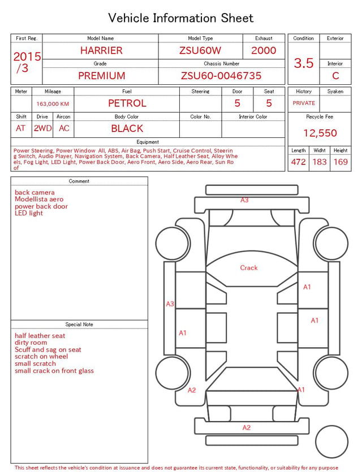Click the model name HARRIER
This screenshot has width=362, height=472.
pyautogui.click(x=101, y=50)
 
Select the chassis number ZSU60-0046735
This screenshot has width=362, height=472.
pyautogui.click(x=221, y=76)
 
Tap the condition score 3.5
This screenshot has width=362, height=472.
pyautogui.click(x=304, y=63)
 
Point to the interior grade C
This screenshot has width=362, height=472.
pyautogui.click(x=335, y=76)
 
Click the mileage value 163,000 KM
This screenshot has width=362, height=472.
pyautogui.click(x=53, y=104)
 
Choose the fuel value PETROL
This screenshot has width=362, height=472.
pyautogui.click(x=127, y=103)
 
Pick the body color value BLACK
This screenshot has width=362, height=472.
pyautogui.click(x=127, y=128)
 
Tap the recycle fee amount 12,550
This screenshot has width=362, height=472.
pyautogui.click(x=320, y=133)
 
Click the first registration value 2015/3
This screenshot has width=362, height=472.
pyautogui.click(x=27, y=62)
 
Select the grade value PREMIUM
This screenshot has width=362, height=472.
pyautogui.click(x=101, y=76)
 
